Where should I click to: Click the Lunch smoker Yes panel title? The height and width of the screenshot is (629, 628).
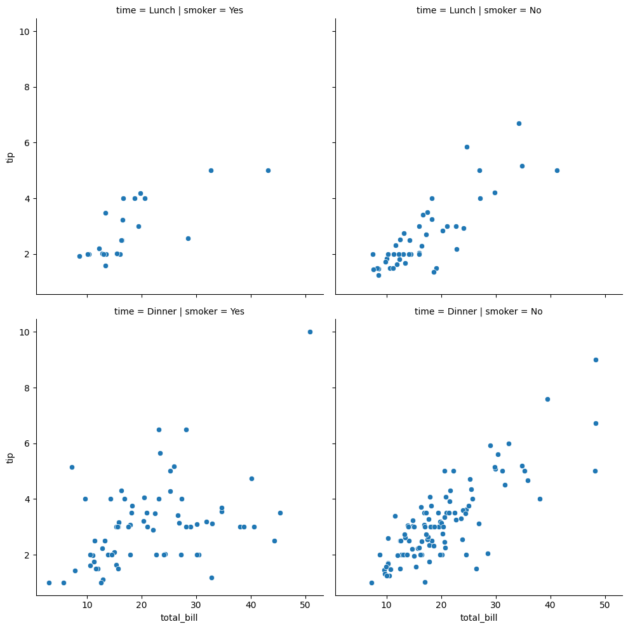tap(180, 10)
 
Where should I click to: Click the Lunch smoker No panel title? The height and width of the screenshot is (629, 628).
tap(479, 10)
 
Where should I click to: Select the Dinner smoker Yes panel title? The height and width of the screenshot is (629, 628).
tap(180, 311)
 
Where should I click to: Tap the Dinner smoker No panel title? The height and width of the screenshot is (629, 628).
tap(479, 311)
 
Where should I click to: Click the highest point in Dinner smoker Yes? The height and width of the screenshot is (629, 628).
tap(310, 332)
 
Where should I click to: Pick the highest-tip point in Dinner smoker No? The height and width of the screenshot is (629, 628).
tap(596, 360)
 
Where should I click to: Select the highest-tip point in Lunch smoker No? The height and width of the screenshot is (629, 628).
tap(519, 123)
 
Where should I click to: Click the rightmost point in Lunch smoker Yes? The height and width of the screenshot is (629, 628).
tap(268, 170)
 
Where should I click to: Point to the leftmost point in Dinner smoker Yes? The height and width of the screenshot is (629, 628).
tap(49, 583)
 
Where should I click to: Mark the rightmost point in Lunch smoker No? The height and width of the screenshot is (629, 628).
tap(557, 170)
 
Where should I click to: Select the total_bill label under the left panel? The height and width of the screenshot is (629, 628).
tap(180, 618)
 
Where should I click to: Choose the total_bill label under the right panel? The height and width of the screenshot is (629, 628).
tap(479, 618)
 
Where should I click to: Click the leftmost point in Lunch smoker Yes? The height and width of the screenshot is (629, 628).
tap(79, 256)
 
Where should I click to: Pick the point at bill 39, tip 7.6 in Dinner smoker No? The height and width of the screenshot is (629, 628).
tap(547, 399)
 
